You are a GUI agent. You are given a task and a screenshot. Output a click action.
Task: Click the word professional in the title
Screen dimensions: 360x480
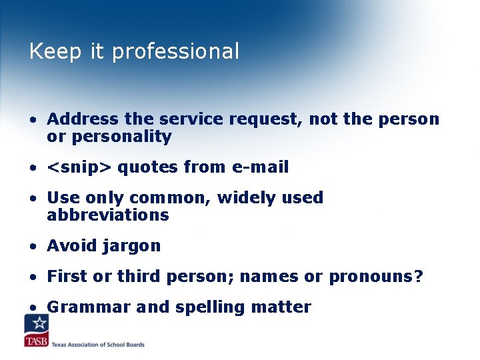click(175, 52)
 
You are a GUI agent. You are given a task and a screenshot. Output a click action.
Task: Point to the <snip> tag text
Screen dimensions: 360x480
click(79, 167)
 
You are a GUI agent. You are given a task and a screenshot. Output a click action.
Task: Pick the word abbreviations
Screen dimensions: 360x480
click(108, 215)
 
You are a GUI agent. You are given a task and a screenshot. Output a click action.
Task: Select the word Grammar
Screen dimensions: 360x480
click(89, 307)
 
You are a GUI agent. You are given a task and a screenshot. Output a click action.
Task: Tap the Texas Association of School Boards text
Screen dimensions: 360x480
click(99, 345)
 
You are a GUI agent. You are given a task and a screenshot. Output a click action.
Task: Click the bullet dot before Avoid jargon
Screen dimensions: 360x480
click(32, 246)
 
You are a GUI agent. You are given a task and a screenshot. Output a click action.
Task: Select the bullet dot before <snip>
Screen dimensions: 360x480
click(32, 167)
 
